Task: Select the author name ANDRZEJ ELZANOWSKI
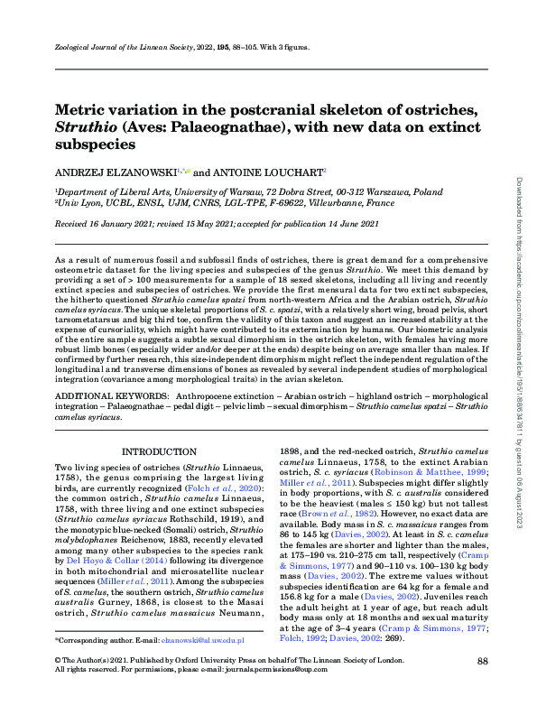click(116, 171)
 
